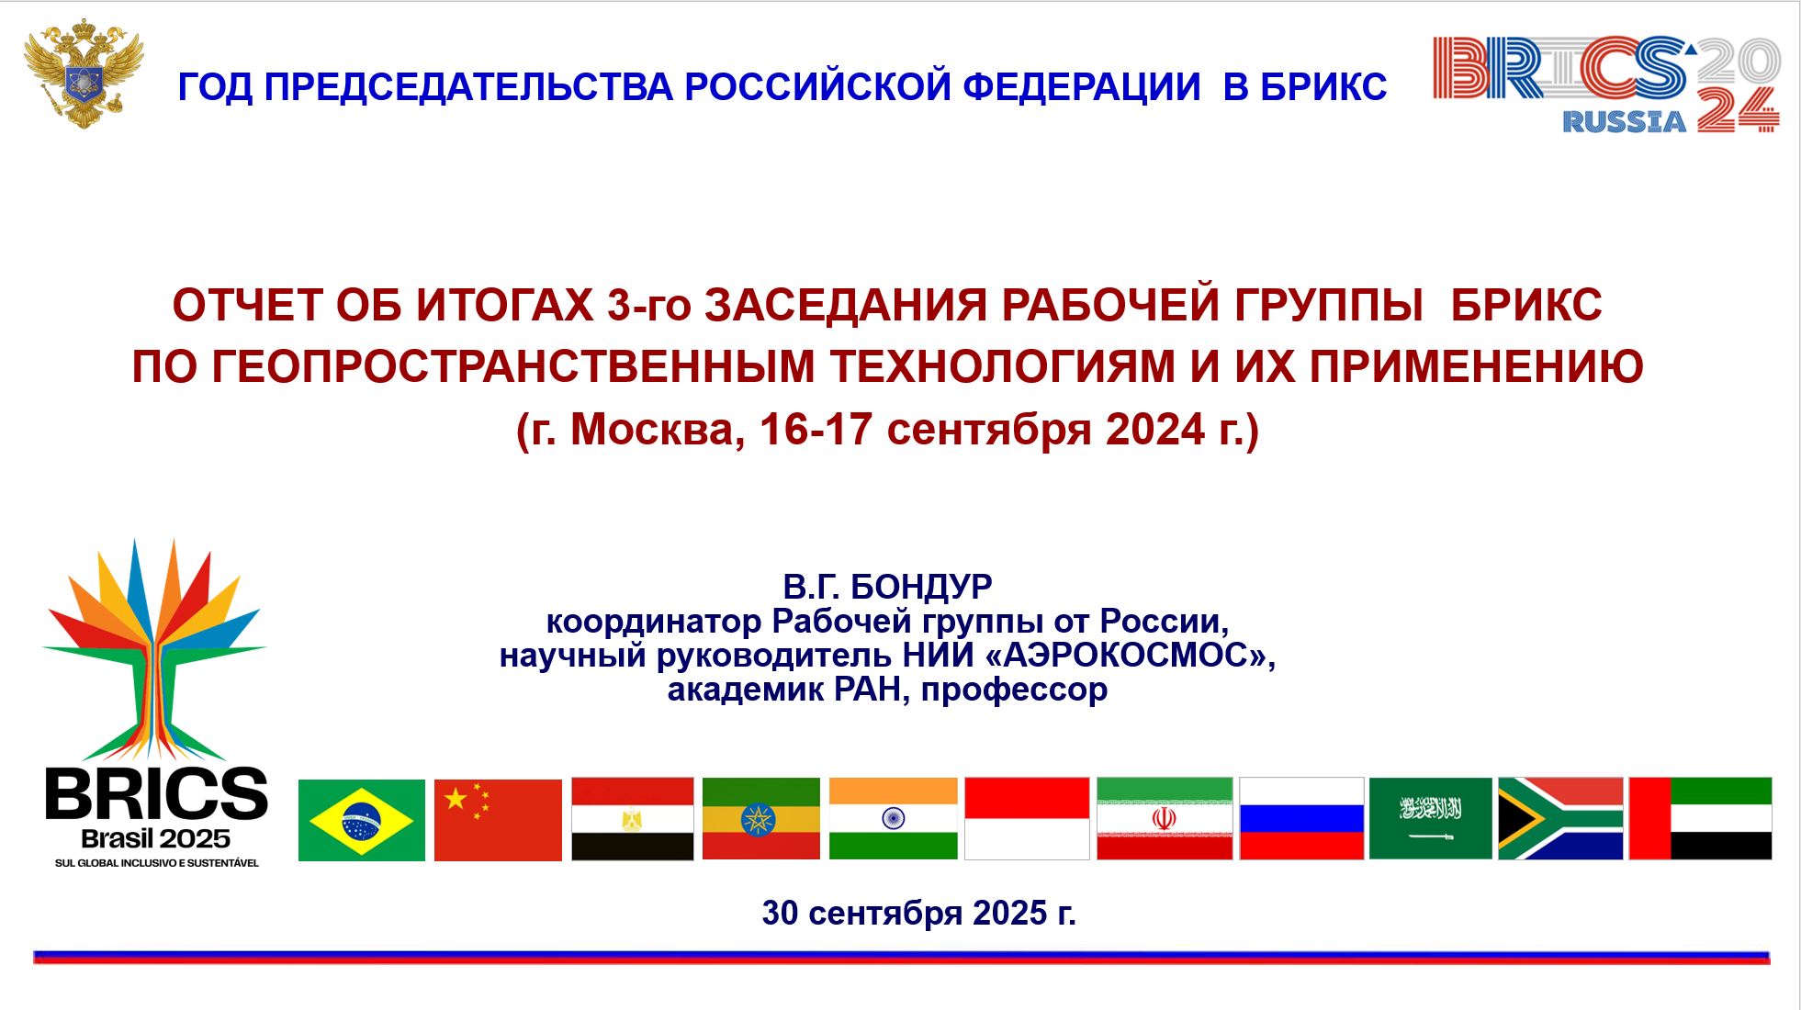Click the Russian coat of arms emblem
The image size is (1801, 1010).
(84, 73)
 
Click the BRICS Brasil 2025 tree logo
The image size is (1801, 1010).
(155, 703)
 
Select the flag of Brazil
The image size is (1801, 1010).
(362, 820)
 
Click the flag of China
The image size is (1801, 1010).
(498, 820)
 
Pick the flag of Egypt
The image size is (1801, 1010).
(633, 819)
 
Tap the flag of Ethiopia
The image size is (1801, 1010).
(760, 819)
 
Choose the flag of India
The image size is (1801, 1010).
(893, 819)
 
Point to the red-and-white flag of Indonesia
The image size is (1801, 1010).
(1027, 819)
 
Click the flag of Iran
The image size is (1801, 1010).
(1165, 819)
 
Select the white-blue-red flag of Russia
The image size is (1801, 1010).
(1301, 819)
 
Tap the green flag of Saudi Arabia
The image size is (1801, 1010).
(1430, 819)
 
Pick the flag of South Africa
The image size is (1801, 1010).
(1560, 819)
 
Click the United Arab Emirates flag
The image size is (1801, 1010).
(1700, 819)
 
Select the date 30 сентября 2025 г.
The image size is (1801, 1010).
(918, 914)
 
